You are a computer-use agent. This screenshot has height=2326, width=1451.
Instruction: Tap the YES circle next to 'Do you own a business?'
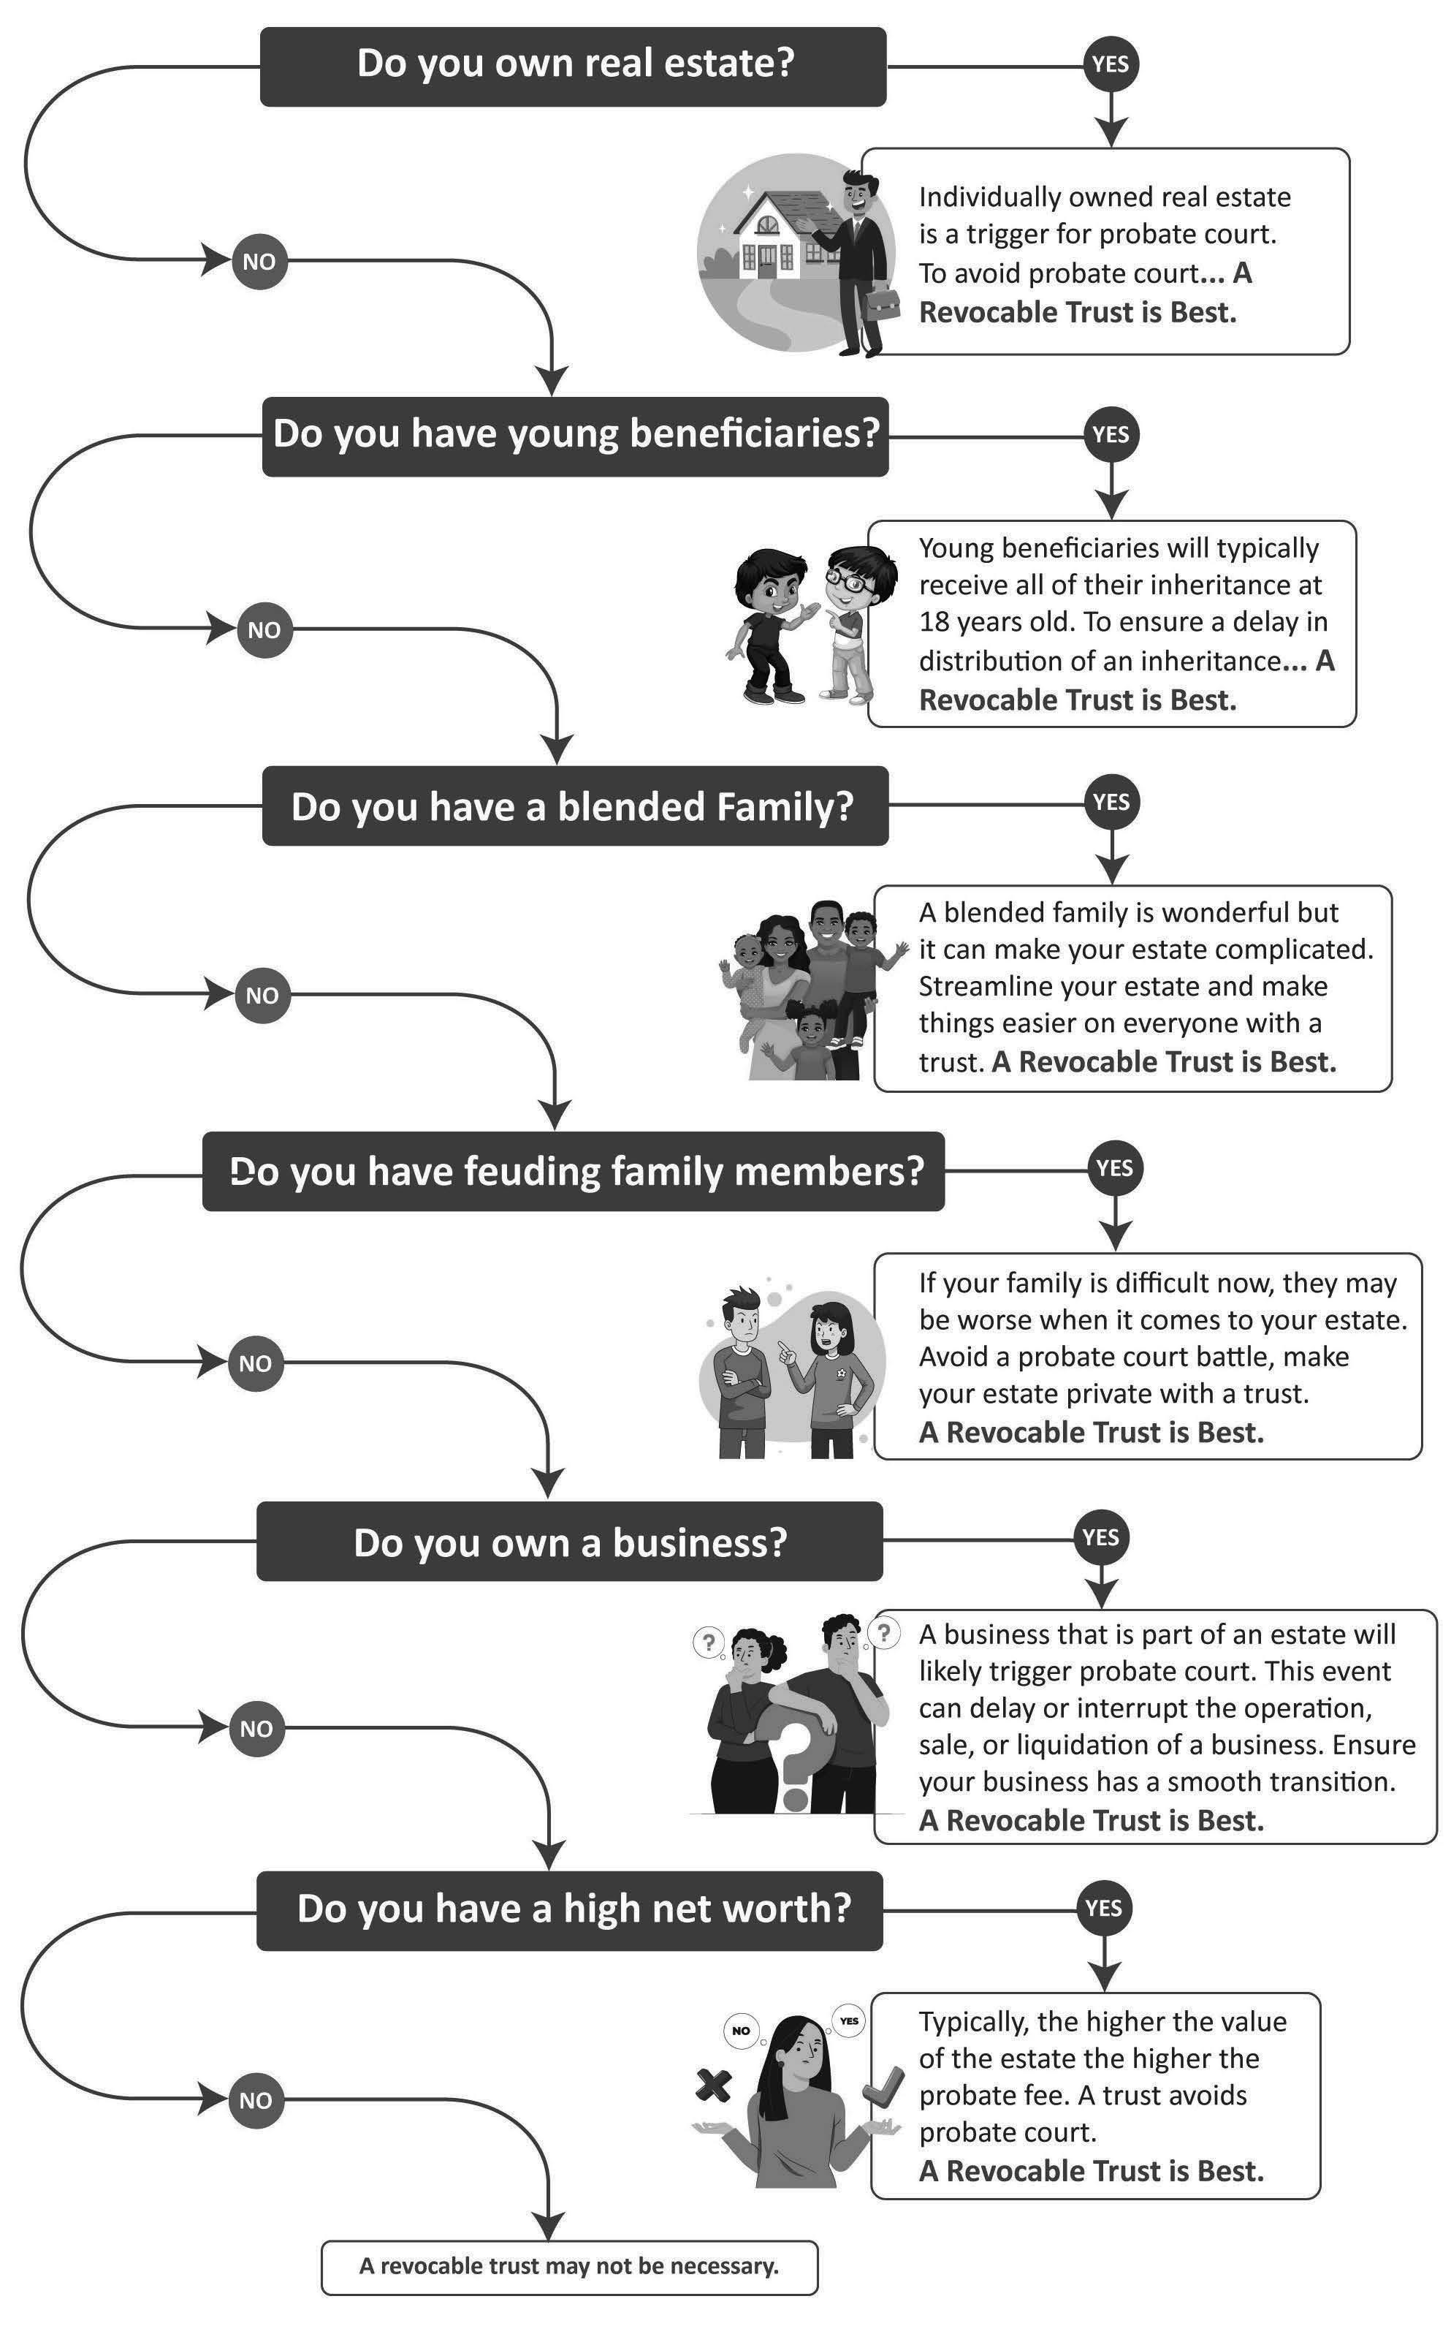click(x=1101, y=1537)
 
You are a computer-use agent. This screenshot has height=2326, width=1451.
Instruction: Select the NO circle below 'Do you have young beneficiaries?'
click(x=264, y=629)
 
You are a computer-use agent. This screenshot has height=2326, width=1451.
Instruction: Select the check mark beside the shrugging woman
click(x=883, y=2084)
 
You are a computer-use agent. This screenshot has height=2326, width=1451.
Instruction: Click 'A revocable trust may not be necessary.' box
click(x=569, y=2267)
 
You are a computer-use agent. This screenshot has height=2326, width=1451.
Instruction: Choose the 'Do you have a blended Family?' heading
click(x=574, y=806)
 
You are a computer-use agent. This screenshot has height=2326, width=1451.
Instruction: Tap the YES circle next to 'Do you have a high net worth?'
click(x=1104, y=1906)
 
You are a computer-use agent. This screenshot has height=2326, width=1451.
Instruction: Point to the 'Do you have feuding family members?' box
click(x=573, y=1171)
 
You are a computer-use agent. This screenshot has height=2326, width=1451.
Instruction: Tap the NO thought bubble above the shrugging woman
click(x=741, y=2029)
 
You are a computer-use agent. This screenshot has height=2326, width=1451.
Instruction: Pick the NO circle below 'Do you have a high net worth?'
click(x=255, y=2100)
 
